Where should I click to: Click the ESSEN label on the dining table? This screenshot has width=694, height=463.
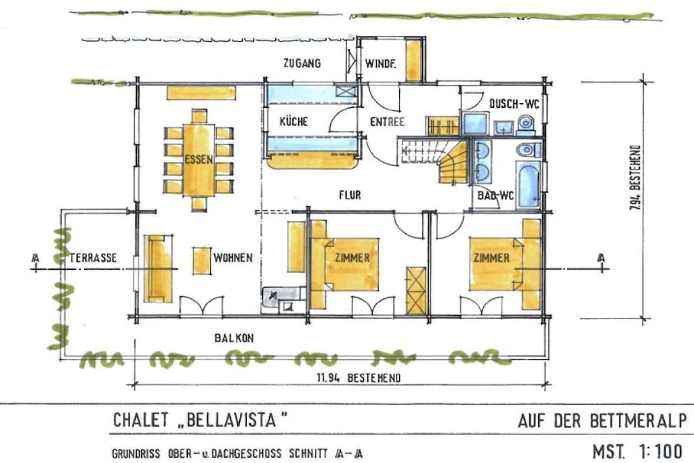pyautogui.click(x=199, y=159)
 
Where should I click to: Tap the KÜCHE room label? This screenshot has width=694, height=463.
pyautogui.click(x=293, y=121)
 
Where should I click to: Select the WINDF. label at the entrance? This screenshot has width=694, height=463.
pyautogui.click(x=380, y=64)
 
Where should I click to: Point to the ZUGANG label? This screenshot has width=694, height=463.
pyautogui.click(x=302, y=63)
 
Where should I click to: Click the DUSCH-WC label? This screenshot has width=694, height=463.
pyautogui.click(x=514, y=104)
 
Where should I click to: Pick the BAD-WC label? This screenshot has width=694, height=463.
pyautogui.click(x=495, y=195)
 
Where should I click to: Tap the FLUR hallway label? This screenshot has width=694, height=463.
pyautogui.click(x=350, y=195)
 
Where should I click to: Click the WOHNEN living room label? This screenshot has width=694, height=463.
pyautogui.click(x=233, y=258)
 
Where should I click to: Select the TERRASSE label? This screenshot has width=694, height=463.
pyautogui.click(x=93, y=258)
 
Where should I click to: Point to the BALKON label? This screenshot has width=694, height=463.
pyautogui.click(x=234, y=338)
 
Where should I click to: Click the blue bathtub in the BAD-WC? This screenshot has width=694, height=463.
pyautogui.click(x=528, y=184)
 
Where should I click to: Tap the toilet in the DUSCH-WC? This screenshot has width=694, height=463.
pyautogui.click(x=526, y=123)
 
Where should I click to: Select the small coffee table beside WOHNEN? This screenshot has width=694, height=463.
pyautogui.click(x=201, y=261)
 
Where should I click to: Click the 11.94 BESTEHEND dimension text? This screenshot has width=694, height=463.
pyautogui.click(x=359, y=378)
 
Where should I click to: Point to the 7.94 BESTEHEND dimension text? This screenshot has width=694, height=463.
pyautogui.click(x=636, y=178)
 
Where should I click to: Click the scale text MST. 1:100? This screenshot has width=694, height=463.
pyautogui.click(x=637, y=451)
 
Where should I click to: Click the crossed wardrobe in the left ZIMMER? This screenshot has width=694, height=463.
pyautogui.click(x=416, y=291)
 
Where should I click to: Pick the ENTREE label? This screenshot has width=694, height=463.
pyautogui.click(x=387, y=122)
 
